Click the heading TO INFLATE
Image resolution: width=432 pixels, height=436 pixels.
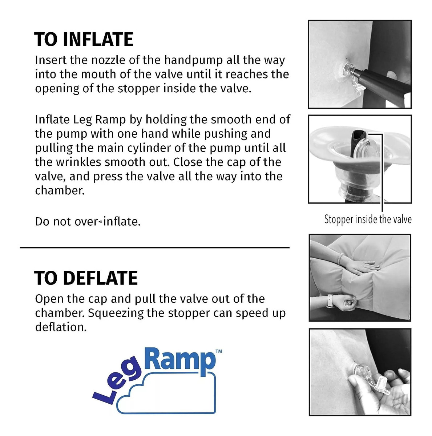pyautogui.click(x=84, y=39)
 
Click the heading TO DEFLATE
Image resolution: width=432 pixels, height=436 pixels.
pyautogui.click(x=86, y=278)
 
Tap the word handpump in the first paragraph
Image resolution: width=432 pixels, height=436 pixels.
pyautogui.click(x=194, y=61)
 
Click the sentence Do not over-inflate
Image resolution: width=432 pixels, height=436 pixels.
pyautogui.click(x=88, y=222)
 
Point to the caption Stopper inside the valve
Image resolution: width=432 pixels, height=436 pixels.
pyautogui.click(x=368, y=219)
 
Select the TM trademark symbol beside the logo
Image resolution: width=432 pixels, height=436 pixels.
pyautogui.click(x=219, y=351)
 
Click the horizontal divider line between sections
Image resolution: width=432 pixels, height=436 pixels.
pyautogui.click(x=154, y=247)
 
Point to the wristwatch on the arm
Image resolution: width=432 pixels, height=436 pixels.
pyautogui.click(x=330, y=300)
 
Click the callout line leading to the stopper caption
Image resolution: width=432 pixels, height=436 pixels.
pyautogui.click(x=382, y=172)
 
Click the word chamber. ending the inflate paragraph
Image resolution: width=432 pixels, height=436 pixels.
pyautogui.click(x=60, y=190)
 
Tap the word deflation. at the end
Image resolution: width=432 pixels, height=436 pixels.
pyautogui.click(x=61, y=327)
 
